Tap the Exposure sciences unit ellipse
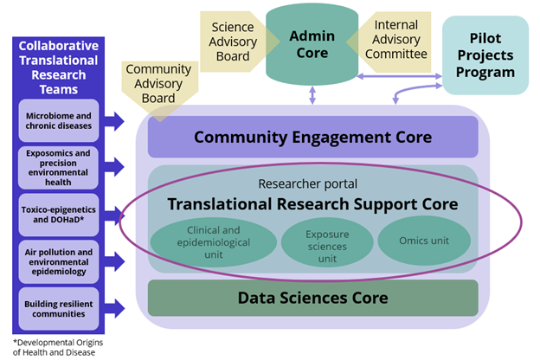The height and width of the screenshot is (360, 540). [x=314, y=241]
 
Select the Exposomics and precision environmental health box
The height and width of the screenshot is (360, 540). [x=59, y=167]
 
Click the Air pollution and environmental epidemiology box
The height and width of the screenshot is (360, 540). [x=59, y=260]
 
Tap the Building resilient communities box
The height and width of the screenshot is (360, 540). [x=59, y=308]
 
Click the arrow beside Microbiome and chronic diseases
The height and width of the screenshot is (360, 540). [x=114, y=120]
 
